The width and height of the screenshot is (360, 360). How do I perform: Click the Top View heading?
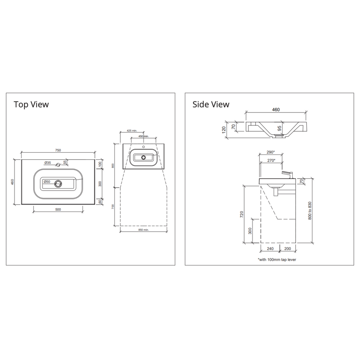click(31, 104)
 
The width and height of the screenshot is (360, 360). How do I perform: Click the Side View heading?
click(211, 104)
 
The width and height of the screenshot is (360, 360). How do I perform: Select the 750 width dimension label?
click(58, 150)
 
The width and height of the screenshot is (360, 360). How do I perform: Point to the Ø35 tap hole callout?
click(48, 163)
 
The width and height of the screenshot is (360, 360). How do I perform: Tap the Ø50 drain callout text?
click(47, 182)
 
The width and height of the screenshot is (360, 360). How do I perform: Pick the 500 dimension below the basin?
click(58, 210)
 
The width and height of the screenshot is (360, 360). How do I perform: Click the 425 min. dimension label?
click(132, 130)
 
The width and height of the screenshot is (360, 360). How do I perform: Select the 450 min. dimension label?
click(143, 136)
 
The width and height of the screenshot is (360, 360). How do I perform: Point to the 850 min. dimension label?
click(143, 230)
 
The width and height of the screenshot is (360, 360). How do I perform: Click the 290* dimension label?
click(270, 152)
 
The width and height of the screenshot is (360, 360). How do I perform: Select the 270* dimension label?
click(270, 160)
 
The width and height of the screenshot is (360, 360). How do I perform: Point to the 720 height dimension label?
click(242, 214)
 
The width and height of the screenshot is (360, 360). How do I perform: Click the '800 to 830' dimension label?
click(309, 211)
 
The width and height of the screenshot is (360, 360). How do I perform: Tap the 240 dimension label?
click(270, 249)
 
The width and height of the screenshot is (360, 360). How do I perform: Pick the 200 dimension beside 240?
click(287, 249)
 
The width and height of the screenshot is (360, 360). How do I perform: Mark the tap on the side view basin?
click(287, 175)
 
